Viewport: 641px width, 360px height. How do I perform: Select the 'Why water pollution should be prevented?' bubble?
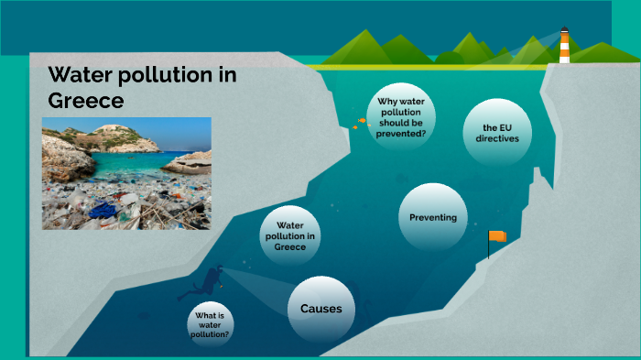pos(400,116)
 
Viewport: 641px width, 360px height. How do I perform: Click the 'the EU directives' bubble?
pos(497,132)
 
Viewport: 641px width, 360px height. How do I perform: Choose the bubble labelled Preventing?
pos(433,217)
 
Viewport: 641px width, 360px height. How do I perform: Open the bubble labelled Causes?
pos(320,309)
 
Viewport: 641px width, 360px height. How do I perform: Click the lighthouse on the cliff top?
pos(564,46)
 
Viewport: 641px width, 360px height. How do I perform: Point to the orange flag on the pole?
pos(497,236)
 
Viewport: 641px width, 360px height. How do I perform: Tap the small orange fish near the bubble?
pos(354,126)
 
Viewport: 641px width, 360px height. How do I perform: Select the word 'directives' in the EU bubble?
pos(497,138)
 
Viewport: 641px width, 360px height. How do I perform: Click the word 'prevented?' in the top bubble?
pos(400,133)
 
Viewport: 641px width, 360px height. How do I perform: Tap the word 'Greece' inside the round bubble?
pos(289,246)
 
